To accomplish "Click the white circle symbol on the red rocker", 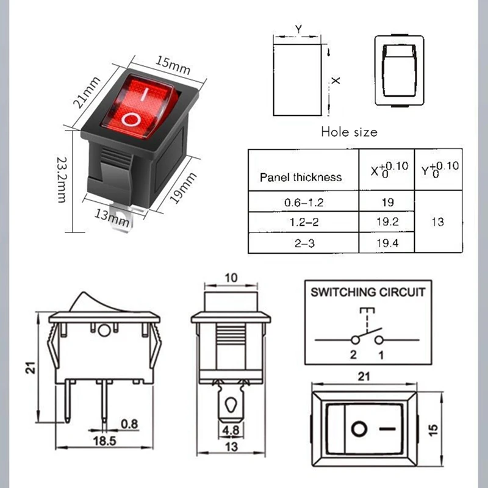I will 131,118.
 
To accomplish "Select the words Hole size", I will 349,132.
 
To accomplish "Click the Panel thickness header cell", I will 301,178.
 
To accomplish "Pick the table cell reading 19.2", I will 387,221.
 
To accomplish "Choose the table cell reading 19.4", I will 387,242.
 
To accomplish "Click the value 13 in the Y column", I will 437,221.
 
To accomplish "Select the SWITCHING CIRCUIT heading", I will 368,292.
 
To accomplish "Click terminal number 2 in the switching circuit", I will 353,354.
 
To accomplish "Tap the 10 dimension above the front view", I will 230,278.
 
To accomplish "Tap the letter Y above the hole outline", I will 298,29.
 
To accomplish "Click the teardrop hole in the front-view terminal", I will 230,406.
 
